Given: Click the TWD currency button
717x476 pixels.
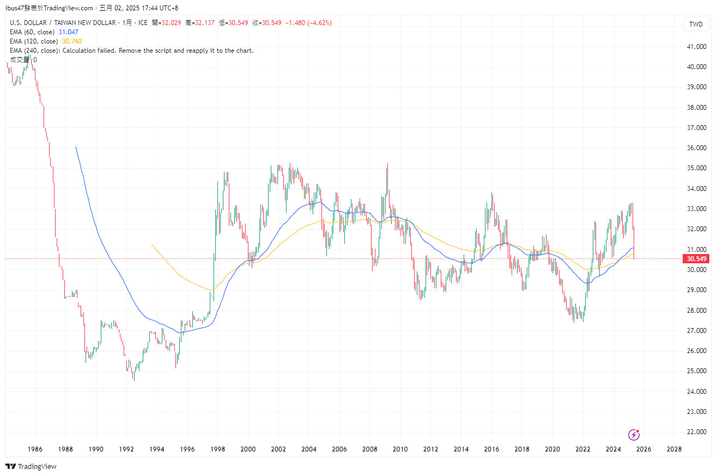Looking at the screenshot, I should pyautogui.click(x=696, y=24).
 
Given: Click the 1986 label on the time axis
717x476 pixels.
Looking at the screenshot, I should pyautogui.click(x=35, y=449).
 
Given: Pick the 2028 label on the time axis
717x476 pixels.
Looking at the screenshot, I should pyautogui.click(x=674, y=449).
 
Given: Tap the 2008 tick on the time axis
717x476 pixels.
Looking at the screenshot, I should pyautogui.click(x=369, y=449).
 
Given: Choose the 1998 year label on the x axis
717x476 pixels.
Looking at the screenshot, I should pyautogui.click(x=217, y=449).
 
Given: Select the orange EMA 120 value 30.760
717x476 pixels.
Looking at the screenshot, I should pyautogui.click(x=72, y=41).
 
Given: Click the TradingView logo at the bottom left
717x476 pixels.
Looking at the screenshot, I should pyautogui.click(x=31, y=466).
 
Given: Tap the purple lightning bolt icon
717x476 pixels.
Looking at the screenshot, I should pyautogui.click(x=634, y=434).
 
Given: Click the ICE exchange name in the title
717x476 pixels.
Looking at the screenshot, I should pyautogui.click(x=143, y=23).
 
